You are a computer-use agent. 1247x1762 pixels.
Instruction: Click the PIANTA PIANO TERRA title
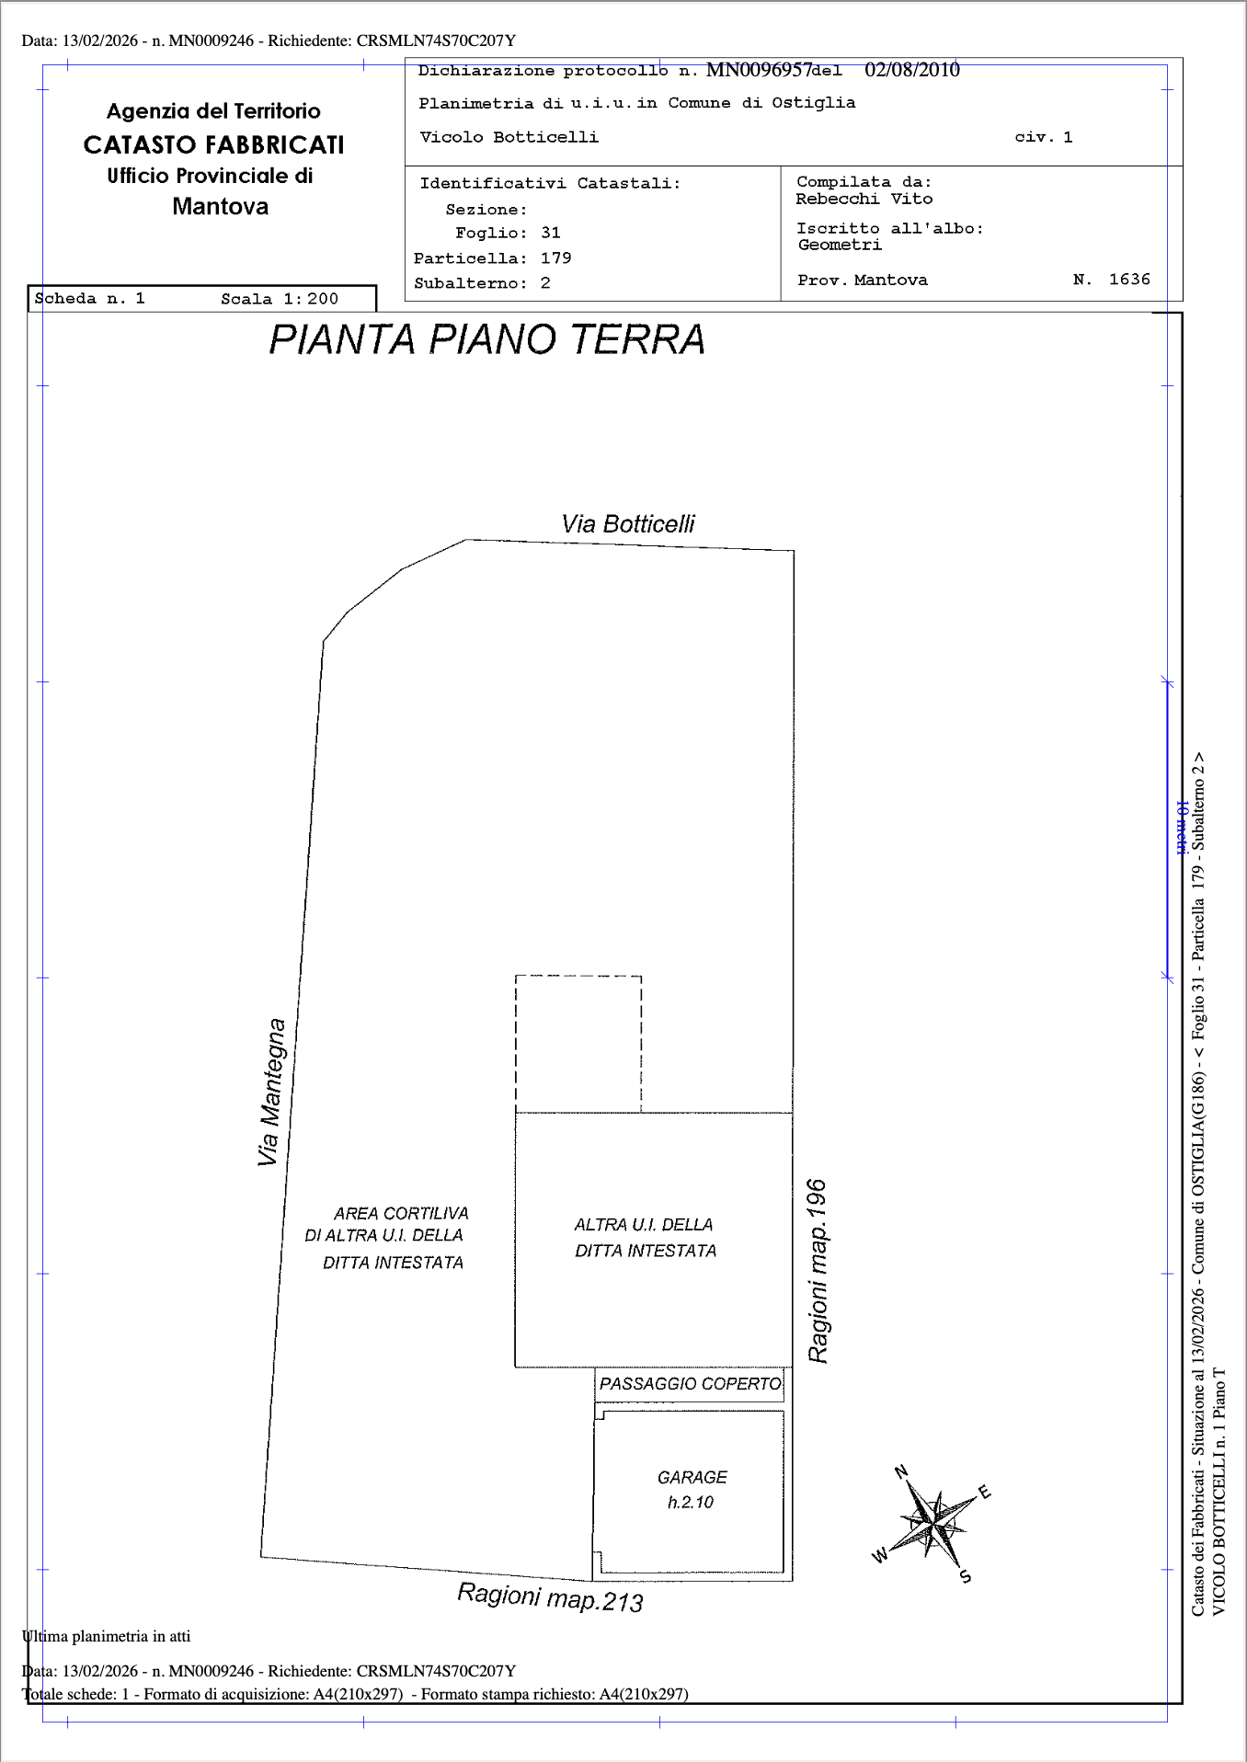pyautogui.click(x=487, y=339)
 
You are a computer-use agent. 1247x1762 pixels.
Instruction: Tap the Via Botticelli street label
pyautogui.click(x=628, y=524)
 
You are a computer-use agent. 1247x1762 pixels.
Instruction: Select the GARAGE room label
pyautogui.click(x=692, y=1477)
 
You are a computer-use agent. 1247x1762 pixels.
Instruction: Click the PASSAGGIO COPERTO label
pyautogui.click(x=690, y=1384)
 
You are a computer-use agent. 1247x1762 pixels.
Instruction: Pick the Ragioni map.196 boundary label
pyautogui.click(x=817, y=1271)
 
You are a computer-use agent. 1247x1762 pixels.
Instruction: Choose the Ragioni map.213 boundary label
pyautogui.click(x=550, y=1597)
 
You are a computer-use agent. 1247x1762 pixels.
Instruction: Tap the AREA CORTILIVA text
pyautogui.click(x=401, y=1214)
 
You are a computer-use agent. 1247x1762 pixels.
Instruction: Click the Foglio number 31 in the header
pyautogui.click(x=551, y=234)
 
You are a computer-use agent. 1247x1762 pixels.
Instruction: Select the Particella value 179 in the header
pyautogui.click(x=556, y=258)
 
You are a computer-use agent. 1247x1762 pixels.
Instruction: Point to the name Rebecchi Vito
pyautogui.click(x=864, y=199)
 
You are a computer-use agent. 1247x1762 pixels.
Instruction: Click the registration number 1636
pyautogui.click(x=1129, y=280)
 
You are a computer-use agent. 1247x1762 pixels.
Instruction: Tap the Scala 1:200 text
pyautogui.click(x=280, y=299)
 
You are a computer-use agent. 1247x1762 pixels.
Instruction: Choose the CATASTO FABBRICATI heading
pyautogui.click(x=213, y=145)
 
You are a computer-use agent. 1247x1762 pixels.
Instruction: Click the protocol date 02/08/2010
pyautogui.click(x=912, y=70)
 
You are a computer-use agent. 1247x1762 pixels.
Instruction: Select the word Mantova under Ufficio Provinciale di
pyautogui.click(x=221, y=206)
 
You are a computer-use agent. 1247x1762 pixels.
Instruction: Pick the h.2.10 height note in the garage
pyautogui.click(x=691, y=1503)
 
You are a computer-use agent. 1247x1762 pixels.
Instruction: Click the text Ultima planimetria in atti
pyautogui.click(x=106, y=1636)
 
